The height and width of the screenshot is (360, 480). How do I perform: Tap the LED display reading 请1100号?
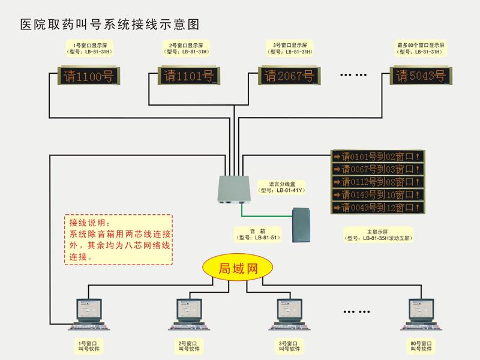click(x=85, y=76)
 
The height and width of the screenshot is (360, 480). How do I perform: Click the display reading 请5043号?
click(x=420, y=76)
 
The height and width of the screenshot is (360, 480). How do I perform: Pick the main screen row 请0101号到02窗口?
click(x=378, y=156)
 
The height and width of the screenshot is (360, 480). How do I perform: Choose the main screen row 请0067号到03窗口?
click(x=378, y=169)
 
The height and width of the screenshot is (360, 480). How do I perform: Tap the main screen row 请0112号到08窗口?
click(x=378, y=182)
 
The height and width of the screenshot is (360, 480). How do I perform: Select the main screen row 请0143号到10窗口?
click(x=378, y=194)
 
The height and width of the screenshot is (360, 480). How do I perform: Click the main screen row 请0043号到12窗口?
click(x=378, y=208)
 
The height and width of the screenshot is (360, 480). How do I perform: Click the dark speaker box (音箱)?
click(x=304, y=225)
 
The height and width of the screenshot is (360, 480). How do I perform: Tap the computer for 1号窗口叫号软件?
click(x=88, y=314)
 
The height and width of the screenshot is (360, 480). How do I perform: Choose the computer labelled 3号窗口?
click(x=289, y=314)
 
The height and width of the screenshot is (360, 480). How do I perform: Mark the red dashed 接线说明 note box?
click(x=118, y=239)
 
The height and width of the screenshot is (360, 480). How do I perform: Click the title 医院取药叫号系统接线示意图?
click(x=109, y=25)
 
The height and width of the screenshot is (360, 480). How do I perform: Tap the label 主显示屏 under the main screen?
click(x=377, y=231)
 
